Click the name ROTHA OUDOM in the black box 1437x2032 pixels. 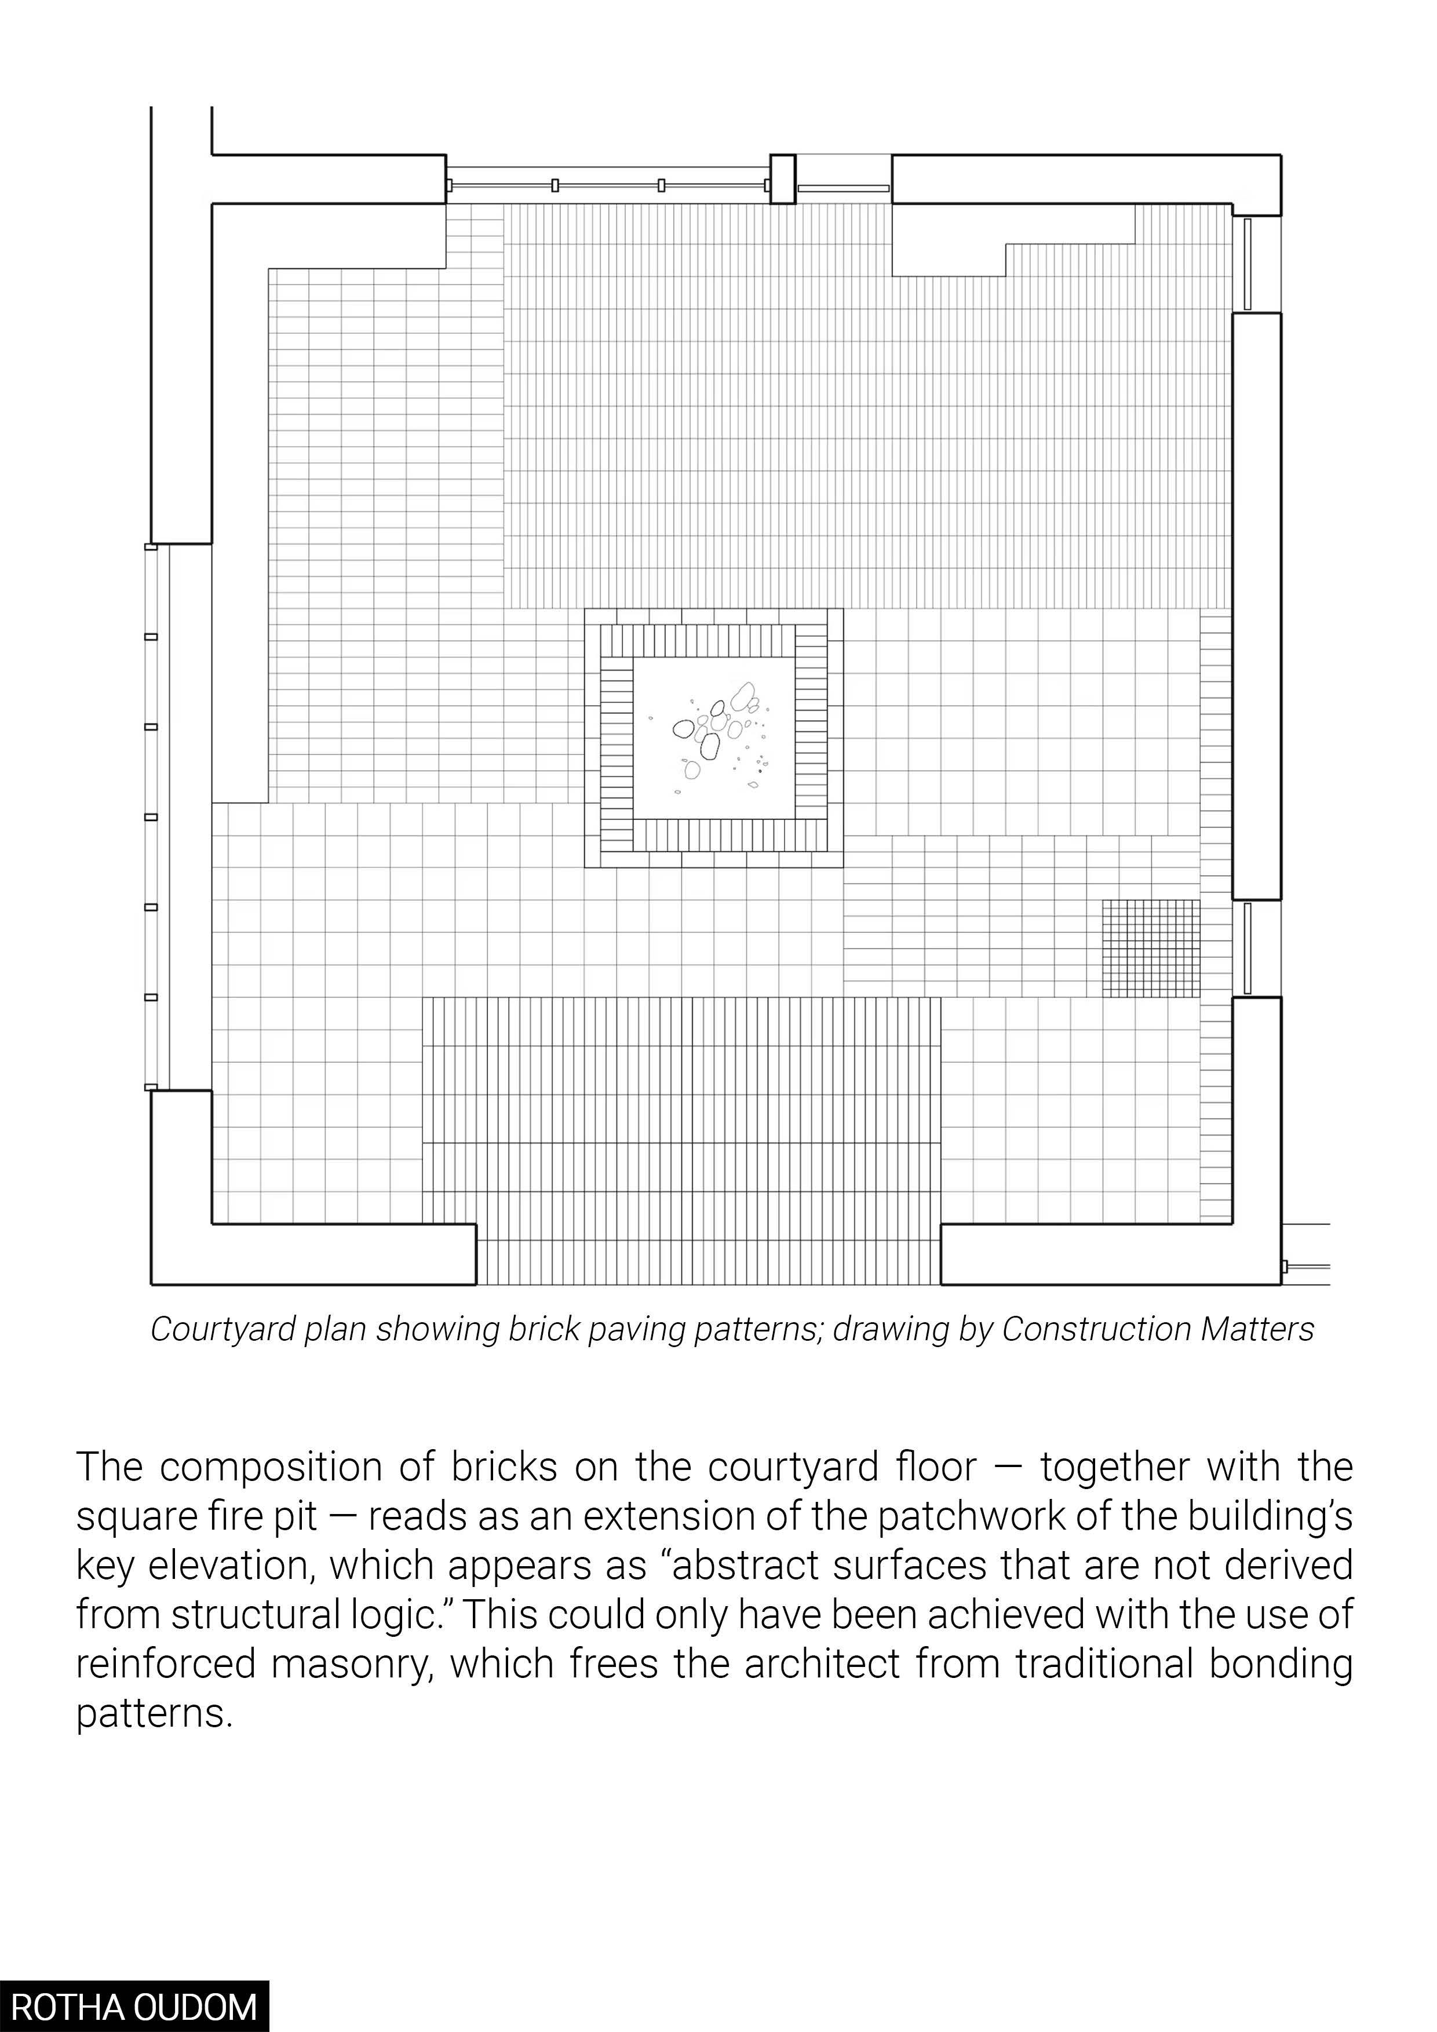pos(134,2007)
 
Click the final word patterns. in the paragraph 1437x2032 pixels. pos(155,1713)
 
